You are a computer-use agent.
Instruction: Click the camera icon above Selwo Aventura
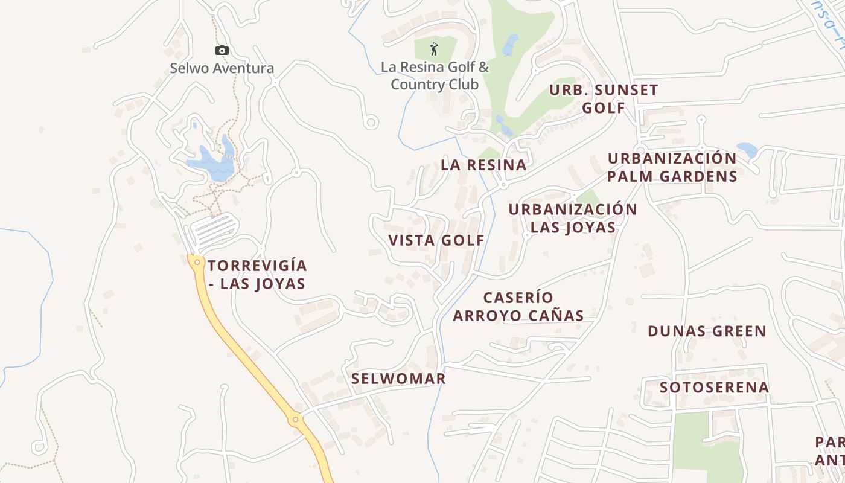pyautogui.click(x=222, y=51)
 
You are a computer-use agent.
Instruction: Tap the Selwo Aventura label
pyautogui.click(x=222, y=68)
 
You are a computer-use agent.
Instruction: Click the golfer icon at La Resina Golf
pyautogui.click(x=434, y=48)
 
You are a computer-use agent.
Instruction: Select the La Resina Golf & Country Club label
pyautogui.click(x=435, y=75)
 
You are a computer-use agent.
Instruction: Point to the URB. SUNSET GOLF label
pyautogui.click(x=604, y=99)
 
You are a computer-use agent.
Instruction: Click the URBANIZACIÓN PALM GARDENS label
pyautogui.click(x=672, y=167)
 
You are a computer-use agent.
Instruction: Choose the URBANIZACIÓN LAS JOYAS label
pyautogui.click(x=573, y=218)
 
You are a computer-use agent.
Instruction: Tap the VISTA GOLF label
pyautogui.click(x=436, y=240)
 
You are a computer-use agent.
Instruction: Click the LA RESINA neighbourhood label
pyautogui.click(x=483, y=165)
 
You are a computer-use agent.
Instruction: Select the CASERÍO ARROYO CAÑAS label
pyautogui.click(x=518, y=307)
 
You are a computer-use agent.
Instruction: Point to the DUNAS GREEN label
pyautogui.click(x=707, y=331)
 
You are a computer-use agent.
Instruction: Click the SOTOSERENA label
pyautogui.click(x=714, y=387)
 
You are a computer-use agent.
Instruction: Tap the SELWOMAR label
pyautogui.click(x=398, y=379)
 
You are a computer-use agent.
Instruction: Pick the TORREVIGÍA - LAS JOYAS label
pyautogui.click(x=257, y=275)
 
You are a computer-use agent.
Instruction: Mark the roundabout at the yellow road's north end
pyautogui.click(x=197, y=262)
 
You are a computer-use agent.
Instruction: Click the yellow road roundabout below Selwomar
pyautogui.click(x=295, y=419)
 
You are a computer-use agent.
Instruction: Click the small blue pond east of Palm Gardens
pyautogui.click(x=747, y=150)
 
